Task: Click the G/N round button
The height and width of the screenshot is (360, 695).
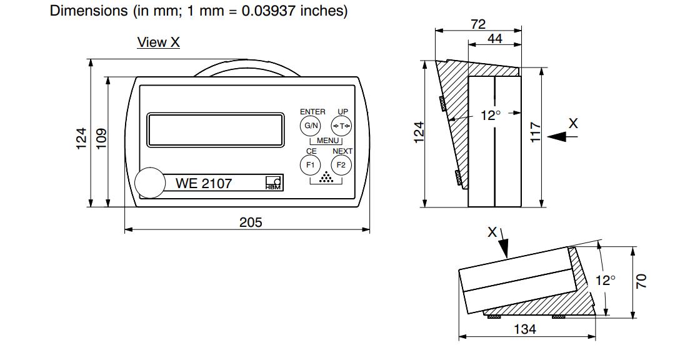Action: pyautogui.click(x=311, y=126)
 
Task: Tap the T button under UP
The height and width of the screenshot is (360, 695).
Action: pyautogui.click(x=341, y=126)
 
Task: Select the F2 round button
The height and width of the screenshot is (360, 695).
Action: pyautogui.click(x=341, y=165)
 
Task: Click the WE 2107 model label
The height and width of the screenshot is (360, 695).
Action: pyautogui.click(x=204, y=183)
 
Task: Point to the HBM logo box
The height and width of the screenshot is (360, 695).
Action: pyautogui.click(x=274, y=183)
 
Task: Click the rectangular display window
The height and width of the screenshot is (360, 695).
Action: pyautogui.click(x=216, y=129)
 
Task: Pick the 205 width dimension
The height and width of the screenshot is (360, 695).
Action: pyautogui.click(x=251, y=222)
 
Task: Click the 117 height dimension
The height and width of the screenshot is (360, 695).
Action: pyautogui.click(x=536, y=132)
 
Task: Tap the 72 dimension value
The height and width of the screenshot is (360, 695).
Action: pyautogui.click(x=478, y=24)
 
